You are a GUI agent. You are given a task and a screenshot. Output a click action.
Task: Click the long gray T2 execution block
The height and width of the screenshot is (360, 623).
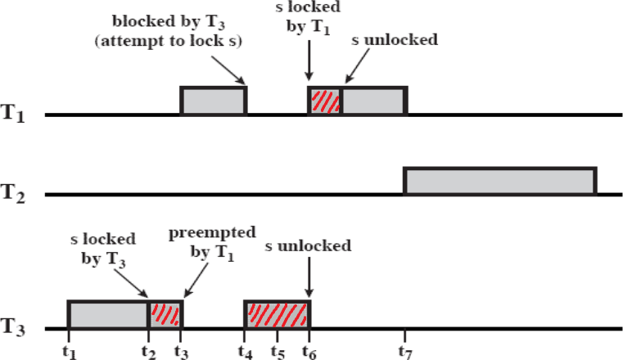pyautogui.click(x=499, y=181)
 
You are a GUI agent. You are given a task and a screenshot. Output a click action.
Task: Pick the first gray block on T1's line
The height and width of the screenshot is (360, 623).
pyautogui.click(x=213, y=100)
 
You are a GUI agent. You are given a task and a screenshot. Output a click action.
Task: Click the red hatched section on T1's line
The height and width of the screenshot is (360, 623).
pyautogui.click(x=325, y=100)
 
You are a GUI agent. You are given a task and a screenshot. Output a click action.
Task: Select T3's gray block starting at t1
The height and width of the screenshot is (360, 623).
pyautogui.click(x=107, y=315)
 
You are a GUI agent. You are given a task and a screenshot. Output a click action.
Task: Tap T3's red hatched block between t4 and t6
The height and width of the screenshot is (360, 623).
pyautogui.click(x=277, y=315)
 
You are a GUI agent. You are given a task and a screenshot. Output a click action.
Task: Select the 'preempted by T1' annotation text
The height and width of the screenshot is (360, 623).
pyautogui.click(x=201, y=243)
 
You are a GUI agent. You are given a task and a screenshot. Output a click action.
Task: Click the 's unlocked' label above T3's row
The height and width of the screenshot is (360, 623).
pyautogui.click(x=309, y=245)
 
